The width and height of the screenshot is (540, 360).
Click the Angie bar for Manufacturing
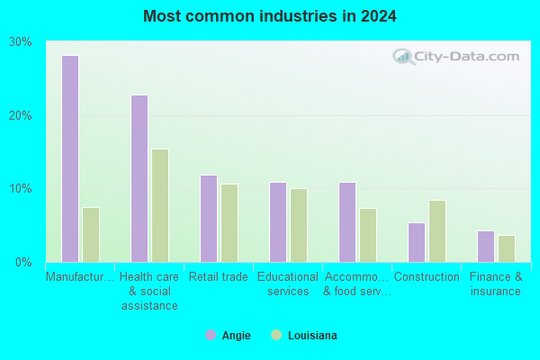tap(70, 158)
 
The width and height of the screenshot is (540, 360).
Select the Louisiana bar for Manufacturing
tap(91, 235)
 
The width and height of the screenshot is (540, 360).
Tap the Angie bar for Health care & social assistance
tap(139, 179)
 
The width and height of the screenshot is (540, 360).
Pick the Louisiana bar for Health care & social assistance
tap(160, 206)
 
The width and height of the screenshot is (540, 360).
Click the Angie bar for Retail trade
tap(209, 219)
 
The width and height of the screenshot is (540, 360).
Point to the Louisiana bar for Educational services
tap(299, 225)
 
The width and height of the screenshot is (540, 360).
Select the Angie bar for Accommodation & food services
tap(347, 222)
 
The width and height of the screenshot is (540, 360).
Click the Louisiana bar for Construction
tap(437, 231)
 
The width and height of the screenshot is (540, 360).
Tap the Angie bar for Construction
tap(417, 242)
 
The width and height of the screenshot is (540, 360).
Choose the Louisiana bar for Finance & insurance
tap(507, 249)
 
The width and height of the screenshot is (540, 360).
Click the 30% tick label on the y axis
tap(21, 42)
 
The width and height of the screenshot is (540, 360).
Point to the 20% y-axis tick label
tap(21, 115)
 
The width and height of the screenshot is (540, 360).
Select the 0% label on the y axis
tap(23, 262)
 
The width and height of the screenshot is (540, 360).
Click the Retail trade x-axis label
tap(219, 276)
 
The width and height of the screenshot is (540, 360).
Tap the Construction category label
tap(427, 276)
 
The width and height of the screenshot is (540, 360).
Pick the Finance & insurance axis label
tap(496, 283)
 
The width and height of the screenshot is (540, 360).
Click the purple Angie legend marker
tap(211, 335)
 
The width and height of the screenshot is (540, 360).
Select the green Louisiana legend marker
tap(276, 335)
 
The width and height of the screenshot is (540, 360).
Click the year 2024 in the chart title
tap(379, 16)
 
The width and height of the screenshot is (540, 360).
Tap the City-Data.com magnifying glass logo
tap(403, 57)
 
